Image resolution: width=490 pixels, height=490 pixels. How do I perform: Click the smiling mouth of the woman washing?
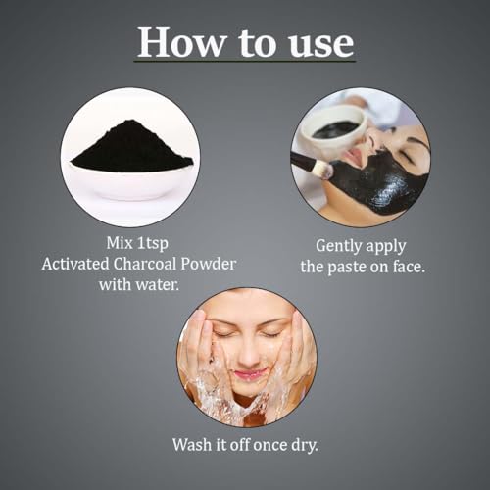click(x=248, y=372)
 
